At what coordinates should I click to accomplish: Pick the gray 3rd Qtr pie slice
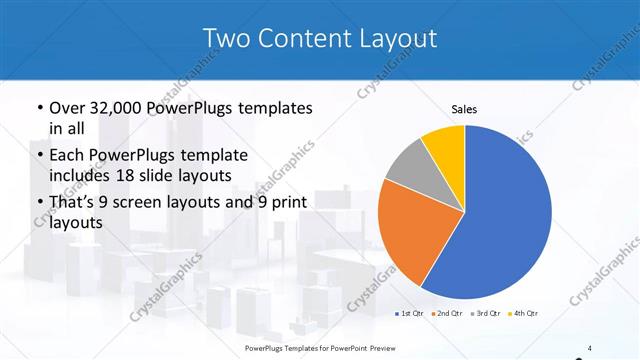click(x=408, y=167)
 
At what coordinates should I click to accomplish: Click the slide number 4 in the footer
click(x=590, y=347)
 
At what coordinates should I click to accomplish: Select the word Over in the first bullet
click(x=67, y=108)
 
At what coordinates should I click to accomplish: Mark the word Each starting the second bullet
click(x=68, y=155)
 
